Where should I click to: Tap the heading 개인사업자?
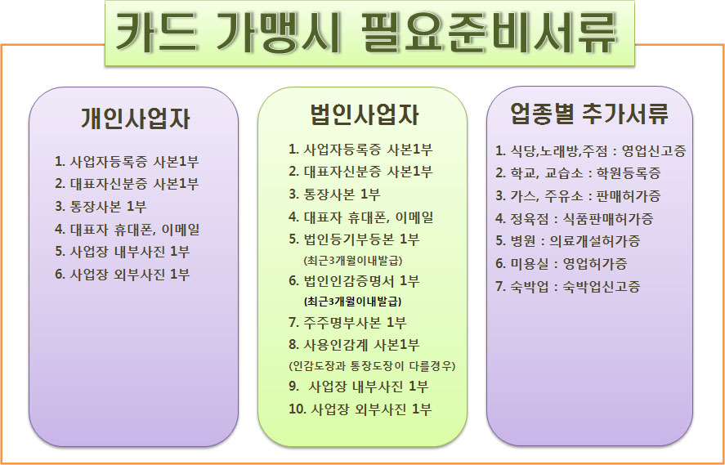(x=135, y=118)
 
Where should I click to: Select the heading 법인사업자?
(x=365, y=115)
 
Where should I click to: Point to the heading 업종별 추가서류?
(x=589, y=114)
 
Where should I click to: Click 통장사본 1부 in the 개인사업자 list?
(x=101, y=207)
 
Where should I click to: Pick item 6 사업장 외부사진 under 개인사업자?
(x=123, y=275)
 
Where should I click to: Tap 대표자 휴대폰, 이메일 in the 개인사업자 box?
(x=128, y=230)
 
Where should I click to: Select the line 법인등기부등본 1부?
(x=354, y=240)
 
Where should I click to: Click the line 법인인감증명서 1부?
(x=354, y=281)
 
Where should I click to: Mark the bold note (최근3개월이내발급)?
(x=352, y=302)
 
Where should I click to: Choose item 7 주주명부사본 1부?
(x=347, y=323)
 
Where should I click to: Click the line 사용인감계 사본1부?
(x=354, y=344)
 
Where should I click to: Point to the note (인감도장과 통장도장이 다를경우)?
(x=372, y=366)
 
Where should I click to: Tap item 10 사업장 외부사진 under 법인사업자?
(x=360, y=409)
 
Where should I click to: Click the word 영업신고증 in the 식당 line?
(x=654, y=151)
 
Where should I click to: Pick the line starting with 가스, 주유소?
(x=578, y=196)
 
